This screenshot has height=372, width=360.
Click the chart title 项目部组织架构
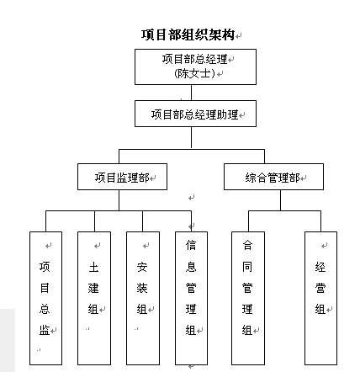pos(188,35)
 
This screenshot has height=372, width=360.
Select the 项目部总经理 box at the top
pos(195,66)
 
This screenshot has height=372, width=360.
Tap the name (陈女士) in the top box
pos(194,73)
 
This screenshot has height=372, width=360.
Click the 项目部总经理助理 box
pos(195,114)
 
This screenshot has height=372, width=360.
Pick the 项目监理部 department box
pos(122,177)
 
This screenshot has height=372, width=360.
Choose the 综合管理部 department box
pos(273,177)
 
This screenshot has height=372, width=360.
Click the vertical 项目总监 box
pos(45,298)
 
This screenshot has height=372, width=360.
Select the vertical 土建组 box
pos(94,298)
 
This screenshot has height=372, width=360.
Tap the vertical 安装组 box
pos(143,298)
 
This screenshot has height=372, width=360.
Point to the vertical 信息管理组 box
pos(191,298)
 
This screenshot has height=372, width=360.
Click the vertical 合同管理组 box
pos(248,298)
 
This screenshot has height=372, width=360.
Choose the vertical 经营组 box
pos(320,298)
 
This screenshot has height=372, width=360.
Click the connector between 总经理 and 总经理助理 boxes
pos(191,93)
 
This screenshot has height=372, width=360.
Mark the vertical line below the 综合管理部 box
pos(280,200)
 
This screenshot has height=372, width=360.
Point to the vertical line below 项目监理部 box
pos(119,200)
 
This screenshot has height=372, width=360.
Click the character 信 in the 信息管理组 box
pos(191,245)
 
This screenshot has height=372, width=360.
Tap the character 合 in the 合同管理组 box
pos(247,245)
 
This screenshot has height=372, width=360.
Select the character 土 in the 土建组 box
pos(93,267)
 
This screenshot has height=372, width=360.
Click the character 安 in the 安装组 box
pos(142,267)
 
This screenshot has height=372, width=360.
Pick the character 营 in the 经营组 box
pos(320,288)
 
